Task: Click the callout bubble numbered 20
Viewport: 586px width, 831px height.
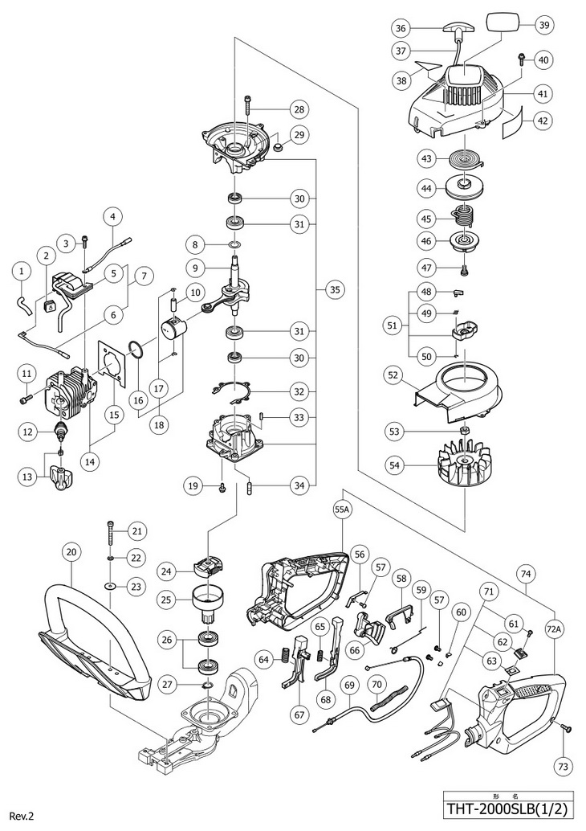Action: point(71,552)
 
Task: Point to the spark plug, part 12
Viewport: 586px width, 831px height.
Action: point(60,432)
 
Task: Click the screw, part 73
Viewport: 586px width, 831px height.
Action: point(567,727)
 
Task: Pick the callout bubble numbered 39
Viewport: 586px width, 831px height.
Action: point(544,25)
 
